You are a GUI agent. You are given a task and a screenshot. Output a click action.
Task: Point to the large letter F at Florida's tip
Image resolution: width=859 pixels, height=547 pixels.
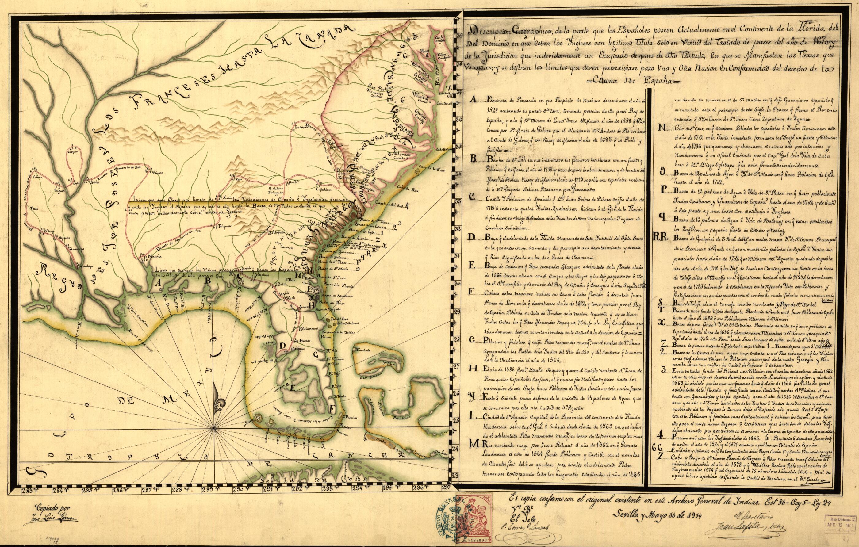click(x=332, y=407)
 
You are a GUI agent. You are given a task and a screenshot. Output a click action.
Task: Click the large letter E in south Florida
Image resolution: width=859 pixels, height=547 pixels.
click(x=293, y=389)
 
